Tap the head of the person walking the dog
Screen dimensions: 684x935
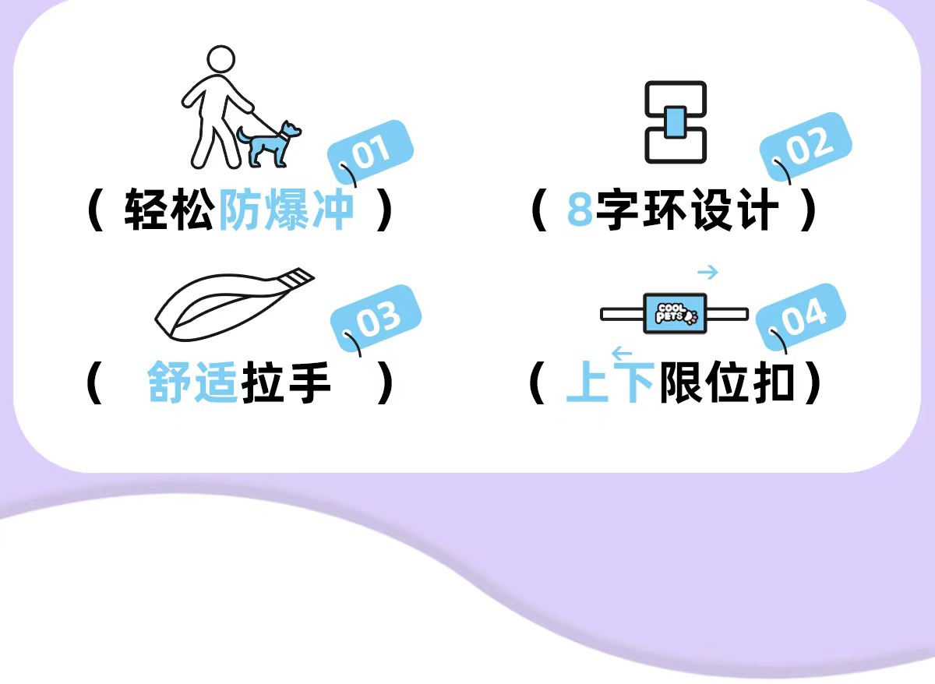[221, 60]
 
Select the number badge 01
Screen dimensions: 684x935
[369, 153]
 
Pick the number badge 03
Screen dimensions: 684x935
[377, 317]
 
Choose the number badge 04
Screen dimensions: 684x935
[803, 316]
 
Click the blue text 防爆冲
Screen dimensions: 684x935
[286, 210]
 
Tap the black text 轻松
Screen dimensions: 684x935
[168, 210]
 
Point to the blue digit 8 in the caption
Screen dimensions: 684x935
[580, 210]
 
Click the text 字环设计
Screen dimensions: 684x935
[688, 210]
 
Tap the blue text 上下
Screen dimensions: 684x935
[609, 383]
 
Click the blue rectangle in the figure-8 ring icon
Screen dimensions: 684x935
[676, 122]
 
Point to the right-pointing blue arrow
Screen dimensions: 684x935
[707, 272]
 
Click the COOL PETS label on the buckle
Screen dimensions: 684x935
[675, 314]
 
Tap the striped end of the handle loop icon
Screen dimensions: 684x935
[297, 277]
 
